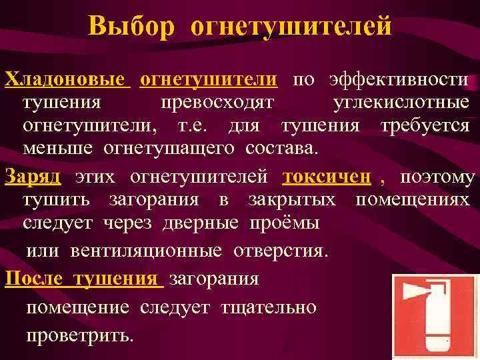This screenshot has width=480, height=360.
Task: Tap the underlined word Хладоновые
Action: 65,80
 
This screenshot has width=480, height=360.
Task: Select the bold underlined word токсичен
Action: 327,177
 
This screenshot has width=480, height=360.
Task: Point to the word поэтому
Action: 437,177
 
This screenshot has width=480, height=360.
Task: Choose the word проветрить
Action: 79,334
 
